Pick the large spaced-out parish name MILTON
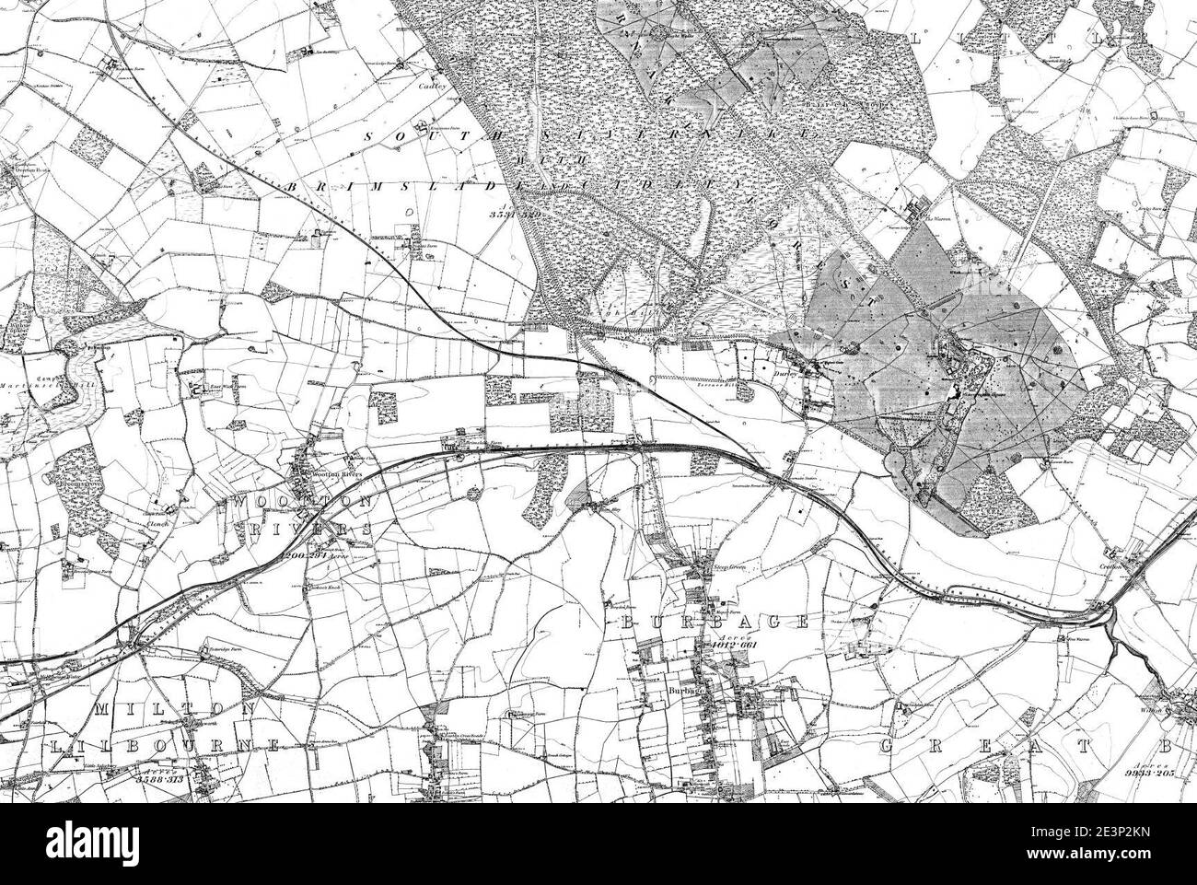tap(175, 708)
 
